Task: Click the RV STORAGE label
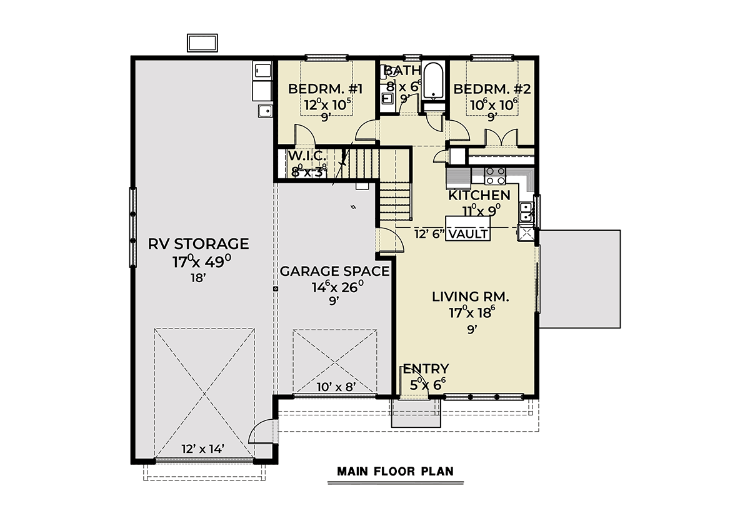(198, 244)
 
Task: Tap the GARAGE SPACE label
(334, 271)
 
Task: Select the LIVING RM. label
(471, 297)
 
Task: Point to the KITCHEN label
(479, 195)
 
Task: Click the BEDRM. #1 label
(325, 89)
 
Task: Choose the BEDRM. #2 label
(492, 89)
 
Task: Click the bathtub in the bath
(433, 81)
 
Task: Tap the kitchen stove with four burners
(495, 176)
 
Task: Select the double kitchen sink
(526, 212)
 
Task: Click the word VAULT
(467, 234)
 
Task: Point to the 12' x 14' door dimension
(202, 449)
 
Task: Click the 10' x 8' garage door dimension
(336, 387)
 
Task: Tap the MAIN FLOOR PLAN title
(395, 472)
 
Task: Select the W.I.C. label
(307, 156)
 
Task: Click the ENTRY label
(426, 369)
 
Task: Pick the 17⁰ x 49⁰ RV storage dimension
(201, 262)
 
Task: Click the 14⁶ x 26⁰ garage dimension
(337, 287)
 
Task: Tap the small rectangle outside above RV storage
(202, 43)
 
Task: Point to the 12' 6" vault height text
(429, 234)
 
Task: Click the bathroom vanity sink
(387, 98)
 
